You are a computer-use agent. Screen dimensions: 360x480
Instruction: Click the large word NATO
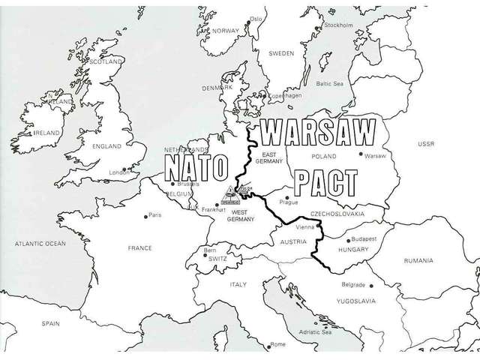coord(196,169)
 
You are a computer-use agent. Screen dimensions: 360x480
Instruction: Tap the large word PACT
coord(325,182)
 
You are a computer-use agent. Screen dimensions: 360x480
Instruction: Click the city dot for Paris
coord(146,216)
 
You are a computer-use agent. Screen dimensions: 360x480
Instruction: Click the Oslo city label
coord(256,18)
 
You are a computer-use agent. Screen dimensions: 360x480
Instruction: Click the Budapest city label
coord(362,238)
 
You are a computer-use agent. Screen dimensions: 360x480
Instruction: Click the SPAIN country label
coord(50,324)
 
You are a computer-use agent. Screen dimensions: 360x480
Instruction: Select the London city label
coord(119,172)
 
